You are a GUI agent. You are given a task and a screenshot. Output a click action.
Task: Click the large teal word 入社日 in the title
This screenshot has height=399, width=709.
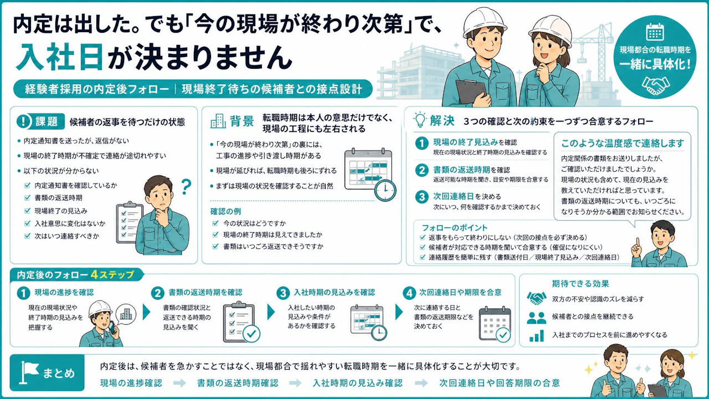(x=59, y=57)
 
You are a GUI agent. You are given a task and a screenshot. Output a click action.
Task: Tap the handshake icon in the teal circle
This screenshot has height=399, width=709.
(x=655, y=85)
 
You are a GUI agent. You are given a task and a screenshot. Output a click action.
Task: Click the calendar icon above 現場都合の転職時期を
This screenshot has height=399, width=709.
(x=655, y=32)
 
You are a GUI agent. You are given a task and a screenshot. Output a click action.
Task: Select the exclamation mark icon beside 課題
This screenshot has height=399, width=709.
(x=23, y=121)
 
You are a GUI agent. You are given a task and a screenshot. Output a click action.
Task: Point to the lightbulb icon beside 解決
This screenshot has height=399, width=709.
(x=420, y=120)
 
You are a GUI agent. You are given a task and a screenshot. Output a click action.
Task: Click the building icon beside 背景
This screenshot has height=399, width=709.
(x=218, y=121)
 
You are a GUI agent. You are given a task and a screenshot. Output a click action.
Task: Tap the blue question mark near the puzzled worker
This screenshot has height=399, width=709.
(x=186, y=187)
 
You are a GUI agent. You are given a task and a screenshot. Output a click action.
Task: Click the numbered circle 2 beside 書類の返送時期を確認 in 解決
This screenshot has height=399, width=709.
(x=422, y=170)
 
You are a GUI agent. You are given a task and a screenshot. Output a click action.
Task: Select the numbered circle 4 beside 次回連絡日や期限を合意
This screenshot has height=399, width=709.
(x=409, y=293)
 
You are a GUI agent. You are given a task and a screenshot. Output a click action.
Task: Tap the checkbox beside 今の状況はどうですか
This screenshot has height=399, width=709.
(x=215, y=223)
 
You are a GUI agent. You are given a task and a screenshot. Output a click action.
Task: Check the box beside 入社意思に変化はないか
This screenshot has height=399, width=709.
(x=28, y=223)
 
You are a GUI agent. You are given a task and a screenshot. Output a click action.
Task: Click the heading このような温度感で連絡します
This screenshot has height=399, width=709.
(x=623, y=144)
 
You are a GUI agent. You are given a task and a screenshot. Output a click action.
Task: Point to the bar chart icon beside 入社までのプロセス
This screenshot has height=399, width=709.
(x=536, y=336)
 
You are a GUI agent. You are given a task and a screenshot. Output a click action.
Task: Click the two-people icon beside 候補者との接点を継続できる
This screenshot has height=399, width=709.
(x=536, y=318)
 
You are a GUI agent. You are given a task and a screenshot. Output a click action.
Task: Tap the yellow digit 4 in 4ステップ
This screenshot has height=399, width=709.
(x=94, y=274)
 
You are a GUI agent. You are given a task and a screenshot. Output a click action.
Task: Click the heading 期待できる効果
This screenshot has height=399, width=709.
(x=580, y=284)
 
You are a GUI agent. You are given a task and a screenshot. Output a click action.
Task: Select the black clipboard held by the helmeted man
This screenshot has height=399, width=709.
(x=471, y=93)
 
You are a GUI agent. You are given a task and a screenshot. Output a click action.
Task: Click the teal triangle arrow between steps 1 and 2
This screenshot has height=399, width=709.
(x=146, y=312)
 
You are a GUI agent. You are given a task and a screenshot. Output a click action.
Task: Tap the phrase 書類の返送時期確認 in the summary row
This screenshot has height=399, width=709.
(x=238, y=383)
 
